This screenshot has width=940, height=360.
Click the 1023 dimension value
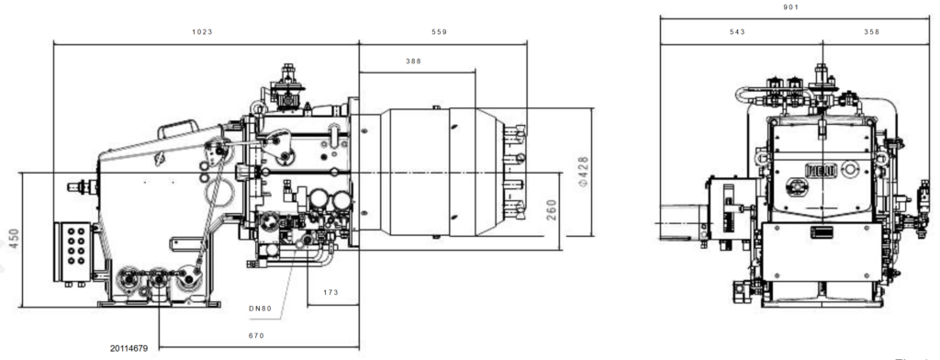point(202,32)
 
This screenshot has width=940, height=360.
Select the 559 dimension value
point(439,32)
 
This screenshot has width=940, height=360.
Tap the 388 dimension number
point(415,62)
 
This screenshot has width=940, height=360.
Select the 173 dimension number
point(331,293)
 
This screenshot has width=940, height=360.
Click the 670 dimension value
point(257,336)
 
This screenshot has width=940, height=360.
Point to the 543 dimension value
point(737,32)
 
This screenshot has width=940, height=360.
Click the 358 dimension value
point(871,32)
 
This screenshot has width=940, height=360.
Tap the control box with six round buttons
point(72,248)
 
